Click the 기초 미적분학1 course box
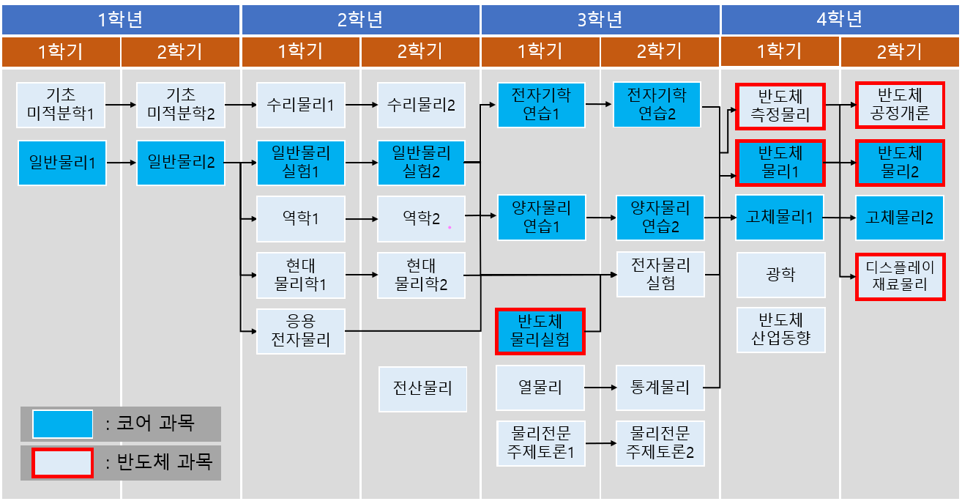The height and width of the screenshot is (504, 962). (61, 105)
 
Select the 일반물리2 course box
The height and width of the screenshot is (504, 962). (181, 162)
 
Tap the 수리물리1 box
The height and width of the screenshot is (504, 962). (300, 105)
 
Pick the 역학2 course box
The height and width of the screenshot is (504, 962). (421, 218)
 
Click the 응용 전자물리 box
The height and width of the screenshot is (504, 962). (300, 331)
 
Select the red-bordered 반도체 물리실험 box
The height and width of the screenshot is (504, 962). (540, 331)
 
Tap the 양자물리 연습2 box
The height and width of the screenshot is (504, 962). (660, 218)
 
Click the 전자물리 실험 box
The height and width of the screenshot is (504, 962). (660, 275)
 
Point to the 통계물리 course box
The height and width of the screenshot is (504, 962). (660, 388)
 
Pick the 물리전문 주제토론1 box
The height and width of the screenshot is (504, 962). (540, 443)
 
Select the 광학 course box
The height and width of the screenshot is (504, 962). (780, 275)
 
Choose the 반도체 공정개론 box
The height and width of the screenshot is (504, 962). (900, 105)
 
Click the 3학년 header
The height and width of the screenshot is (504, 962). (600, 19)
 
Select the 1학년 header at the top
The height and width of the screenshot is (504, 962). (121, 19)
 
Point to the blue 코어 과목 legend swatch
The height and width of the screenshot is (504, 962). (62, 423)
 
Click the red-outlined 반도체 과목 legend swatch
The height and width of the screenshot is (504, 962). (62, 462)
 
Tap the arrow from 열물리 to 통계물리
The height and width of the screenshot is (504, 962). (600, 388)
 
